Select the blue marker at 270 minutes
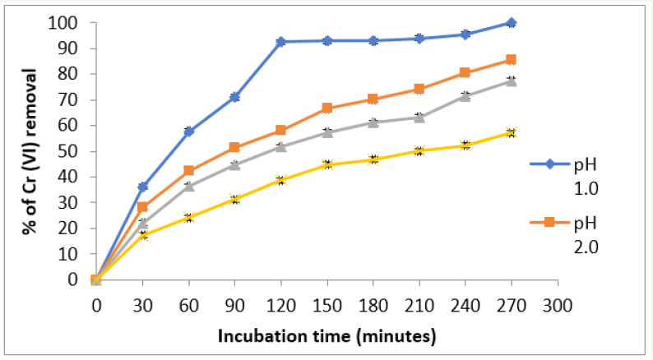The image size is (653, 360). (512, 23)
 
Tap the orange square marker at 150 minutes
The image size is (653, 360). (326, 108)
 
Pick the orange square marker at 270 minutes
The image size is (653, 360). (512, 60)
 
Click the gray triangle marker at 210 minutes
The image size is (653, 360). (419, 117)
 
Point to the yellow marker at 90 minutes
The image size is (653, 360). (234, 200)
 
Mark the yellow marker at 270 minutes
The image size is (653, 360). (512, 132)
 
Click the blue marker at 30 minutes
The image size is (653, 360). (142, 187)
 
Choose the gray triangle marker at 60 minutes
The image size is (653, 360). (188, 186)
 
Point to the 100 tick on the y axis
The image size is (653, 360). (66, 23)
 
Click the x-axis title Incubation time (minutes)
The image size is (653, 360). (326, 336)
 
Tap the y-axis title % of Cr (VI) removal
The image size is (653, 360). (28, 151)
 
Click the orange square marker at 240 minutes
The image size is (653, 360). (465, 73)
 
